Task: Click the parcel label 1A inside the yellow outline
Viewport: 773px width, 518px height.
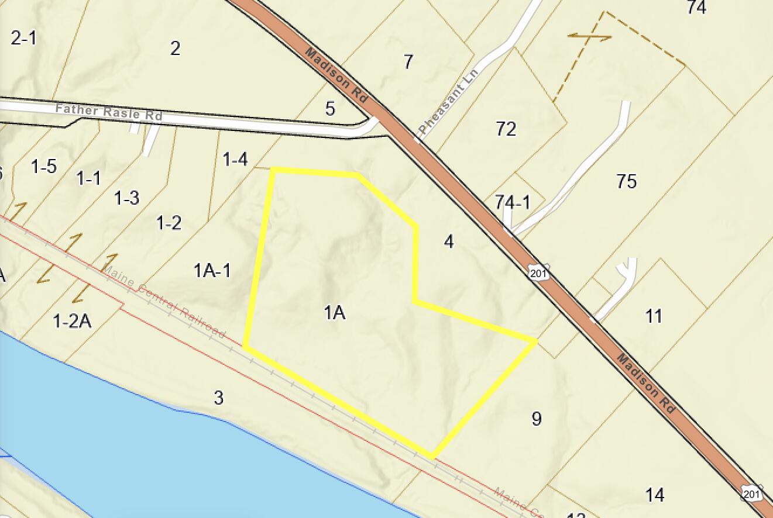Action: coord(335,313)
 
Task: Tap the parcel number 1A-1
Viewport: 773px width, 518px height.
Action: coord(212,270)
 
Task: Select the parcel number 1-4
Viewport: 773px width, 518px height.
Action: coord(235,159)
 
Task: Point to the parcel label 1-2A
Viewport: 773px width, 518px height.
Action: coord(72,321)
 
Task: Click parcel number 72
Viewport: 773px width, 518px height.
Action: coord(506,129)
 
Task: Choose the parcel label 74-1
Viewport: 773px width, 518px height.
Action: coord(512,202)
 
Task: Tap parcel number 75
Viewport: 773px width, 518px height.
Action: coord(626,181)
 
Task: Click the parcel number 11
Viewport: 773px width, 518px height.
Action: coord(654,316)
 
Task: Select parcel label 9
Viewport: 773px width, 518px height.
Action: coord(537,419)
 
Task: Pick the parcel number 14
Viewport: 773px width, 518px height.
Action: coord(655,495)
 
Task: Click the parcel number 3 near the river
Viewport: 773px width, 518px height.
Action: coord(218,398)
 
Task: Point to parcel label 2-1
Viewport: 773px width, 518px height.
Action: coord(23,38)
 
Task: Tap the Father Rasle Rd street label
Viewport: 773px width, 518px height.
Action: coord(109,111)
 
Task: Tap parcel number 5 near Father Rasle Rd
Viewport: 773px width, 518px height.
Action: coord(330,108)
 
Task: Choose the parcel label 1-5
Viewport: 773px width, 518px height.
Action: coord(44,167)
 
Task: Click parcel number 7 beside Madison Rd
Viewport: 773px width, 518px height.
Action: coord(408,61)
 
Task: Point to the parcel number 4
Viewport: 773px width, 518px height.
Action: coord(449,241)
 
